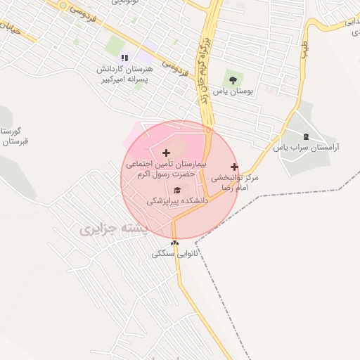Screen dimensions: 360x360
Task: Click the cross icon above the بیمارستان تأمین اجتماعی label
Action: (166, 153)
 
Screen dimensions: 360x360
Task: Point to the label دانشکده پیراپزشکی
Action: (178, 201)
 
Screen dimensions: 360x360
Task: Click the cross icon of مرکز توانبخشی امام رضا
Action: (234, 167)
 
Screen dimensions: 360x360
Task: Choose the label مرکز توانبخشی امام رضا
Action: (236, 182)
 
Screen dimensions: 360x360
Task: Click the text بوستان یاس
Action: (235, 91)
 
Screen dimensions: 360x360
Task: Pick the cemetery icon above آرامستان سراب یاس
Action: (305, 136)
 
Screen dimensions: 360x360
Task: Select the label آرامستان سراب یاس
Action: (307, 148)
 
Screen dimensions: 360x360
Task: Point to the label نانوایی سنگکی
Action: (175, 254)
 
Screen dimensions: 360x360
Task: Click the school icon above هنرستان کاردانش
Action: (124, 58)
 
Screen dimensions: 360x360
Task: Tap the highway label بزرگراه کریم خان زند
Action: (206, 70)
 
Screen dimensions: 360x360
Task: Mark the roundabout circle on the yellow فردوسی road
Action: (64, 6)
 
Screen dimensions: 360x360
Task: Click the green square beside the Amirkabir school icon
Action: (115, 46)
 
